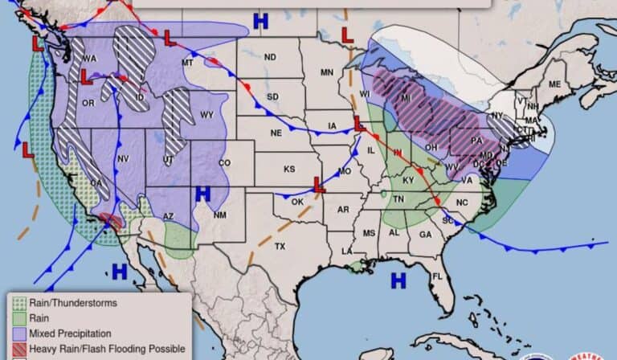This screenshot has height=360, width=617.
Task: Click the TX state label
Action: tap(280, 246)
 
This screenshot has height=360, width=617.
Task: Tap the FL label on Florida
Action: tap(438, 277)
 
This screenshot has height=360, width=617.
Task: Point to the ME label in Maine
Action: tap(554, 84)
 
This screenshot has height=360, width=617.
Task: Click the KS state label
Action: tap(288, 169)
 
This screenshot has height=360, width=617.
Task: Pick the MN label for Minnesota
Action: tap(327, 72)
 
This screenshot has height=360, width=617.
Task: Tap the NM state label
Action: tap(219, 215)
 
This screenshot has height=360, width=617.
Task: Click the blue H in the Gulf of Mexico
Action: tap(397, 280)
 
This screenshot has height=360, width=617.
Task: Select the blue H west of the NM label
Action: tap(202, 194)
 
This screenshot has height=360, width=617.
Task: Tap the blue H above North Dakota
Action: tap(259, 21)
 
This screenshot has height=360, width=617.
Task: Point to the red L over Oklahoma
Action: tap(319, 184)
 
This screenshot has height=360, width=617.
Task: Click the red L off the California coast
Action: tap(27, 149)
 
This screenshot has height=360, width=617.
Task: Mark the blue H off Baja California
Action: tap(119, 272)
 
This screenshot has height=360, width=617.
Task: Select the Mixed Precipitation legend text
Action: tap(70, 333)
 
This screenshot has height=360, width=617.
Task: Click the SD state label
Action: tap(272, 97)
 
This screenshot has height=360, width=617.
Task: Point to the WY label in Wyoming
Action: tap(206, 115)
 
